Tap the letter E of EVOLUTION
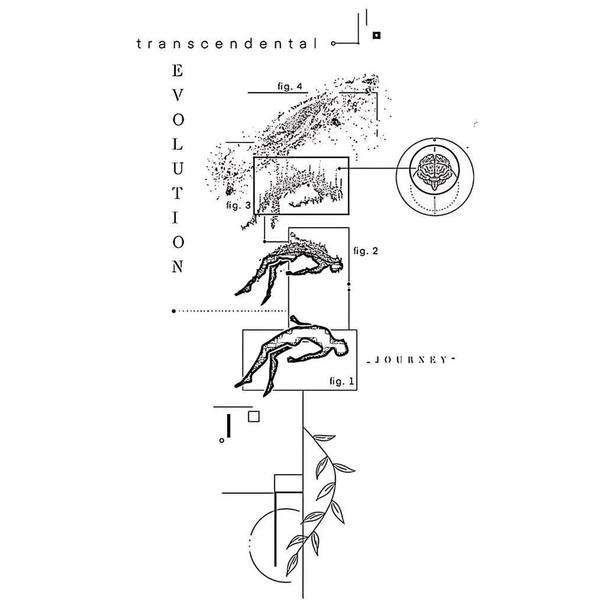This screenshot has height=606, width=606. tap(177, 71)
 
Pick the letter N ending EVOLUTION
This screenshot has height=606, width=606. tap(177, 267)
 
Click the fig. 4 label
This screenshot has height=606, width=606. tap(290, 87)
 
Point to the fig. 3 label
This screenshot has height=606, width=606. tap(238, 205)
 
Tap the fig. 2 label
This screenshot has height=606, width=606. tap(365, 250)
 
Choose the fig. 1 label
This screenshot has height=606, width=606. tap(342, 381)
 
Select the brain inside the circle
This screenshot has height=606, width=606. tap(434, 168)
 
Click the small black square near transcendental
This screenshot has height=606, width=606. tap(376, 36)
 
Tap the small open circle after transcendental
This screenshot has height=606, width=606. tap(334, 44)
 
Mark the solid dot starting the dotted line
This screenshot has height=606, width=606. tap(173, 311)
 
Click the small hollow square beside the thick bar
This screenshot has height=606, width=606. tap(254, 416)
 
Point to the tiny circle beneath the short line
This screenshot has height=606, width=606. tap(221, 440)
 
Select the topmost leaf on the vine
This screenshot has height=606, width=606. tap(324, 438)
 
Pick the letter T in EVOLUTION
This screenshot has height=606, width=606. tap(177, 193)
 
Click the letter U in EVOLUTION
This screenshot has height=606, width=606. tap(177, 169)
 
